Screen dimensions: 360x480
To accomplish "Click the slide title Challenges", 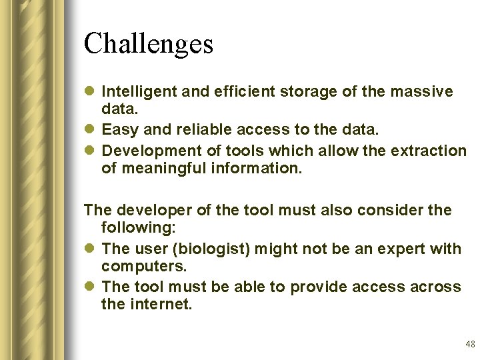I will tap(148, 44).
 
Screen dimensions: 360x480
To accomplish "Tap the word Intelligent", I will tap(139, 91).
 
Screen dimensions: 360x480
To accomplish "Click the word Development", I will tap(147, 151).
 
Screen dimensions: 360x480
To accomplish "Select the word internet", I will tap(159, 305).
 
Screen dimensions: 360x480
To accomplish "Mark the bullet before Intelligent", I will tap(91, 92).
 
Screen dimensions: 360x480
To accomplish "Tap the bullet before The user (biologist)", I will tap(91, 249).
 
